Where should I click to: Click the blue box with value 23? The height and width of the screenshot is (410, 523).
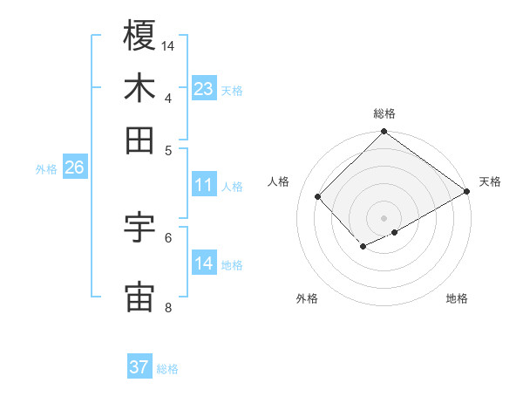click(204, 89)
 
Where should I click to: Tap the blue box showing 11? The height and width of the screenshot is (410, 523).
click(204, 185)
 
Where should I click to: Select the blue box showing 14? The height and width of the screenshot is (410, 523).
click(204, 263)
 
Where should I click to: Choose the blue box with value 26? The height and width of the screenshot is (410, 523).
click(74, 167)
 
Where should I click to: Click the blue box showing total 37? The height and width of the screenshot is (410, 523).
click(139, 367)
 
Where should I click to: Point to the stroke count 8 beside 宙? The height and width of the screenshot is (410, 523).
click(167, 307)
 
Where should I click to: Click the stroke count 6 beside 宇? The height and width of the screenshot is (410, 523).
click(167, 236)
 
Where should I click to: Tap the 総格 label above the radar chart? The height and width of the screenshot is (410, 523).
click(384, 113)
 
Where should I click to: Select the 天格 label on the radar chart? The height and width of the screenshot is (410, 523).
click(490, 181)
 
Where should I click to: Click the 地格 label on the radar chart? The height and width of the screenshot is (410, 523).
click(457, 298)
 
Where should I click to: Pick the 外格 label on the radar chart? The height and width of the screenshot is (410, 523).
click(307, 298)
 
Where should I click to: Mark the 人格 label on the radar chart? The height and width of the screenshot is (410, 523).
click(279, 181)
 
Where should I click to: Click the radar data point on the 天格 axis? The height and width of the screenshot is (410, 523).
click(467, 190)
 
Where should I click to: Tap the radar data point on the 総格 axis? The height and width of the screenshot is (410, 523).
click(384, 133)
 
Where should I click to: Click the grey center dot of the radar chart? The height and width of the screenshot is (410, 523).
click(384, 217)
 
